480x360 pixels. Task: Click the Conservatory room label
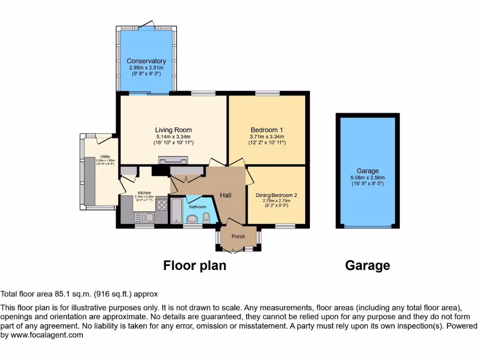(146, 61)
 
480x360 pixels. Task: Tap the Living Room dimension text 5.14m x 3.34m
(173, 136)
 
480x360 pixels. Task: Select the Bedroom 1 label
(267, 130)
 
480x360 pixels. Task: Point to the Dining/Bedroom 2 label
(277, 195)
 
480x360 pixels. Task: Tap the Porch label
(238, 236)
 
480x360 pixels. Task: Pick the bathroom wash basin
(192, 219)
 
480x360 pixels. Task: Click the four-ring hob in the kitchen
(162, 205)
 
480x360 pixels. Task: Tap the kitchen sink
(144, 217)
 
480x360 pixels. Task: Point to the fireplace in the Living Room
(172, 161)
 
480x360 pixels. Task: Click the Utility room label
(105, 157)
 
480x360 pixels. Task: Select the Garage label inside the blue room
(367, 171)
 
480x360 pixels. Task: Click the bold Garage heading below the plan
(367, 266)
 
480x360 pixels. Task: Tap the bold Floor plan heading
(195, 266)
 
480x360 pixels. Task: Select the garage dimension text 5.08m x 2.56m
(367, 178)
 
